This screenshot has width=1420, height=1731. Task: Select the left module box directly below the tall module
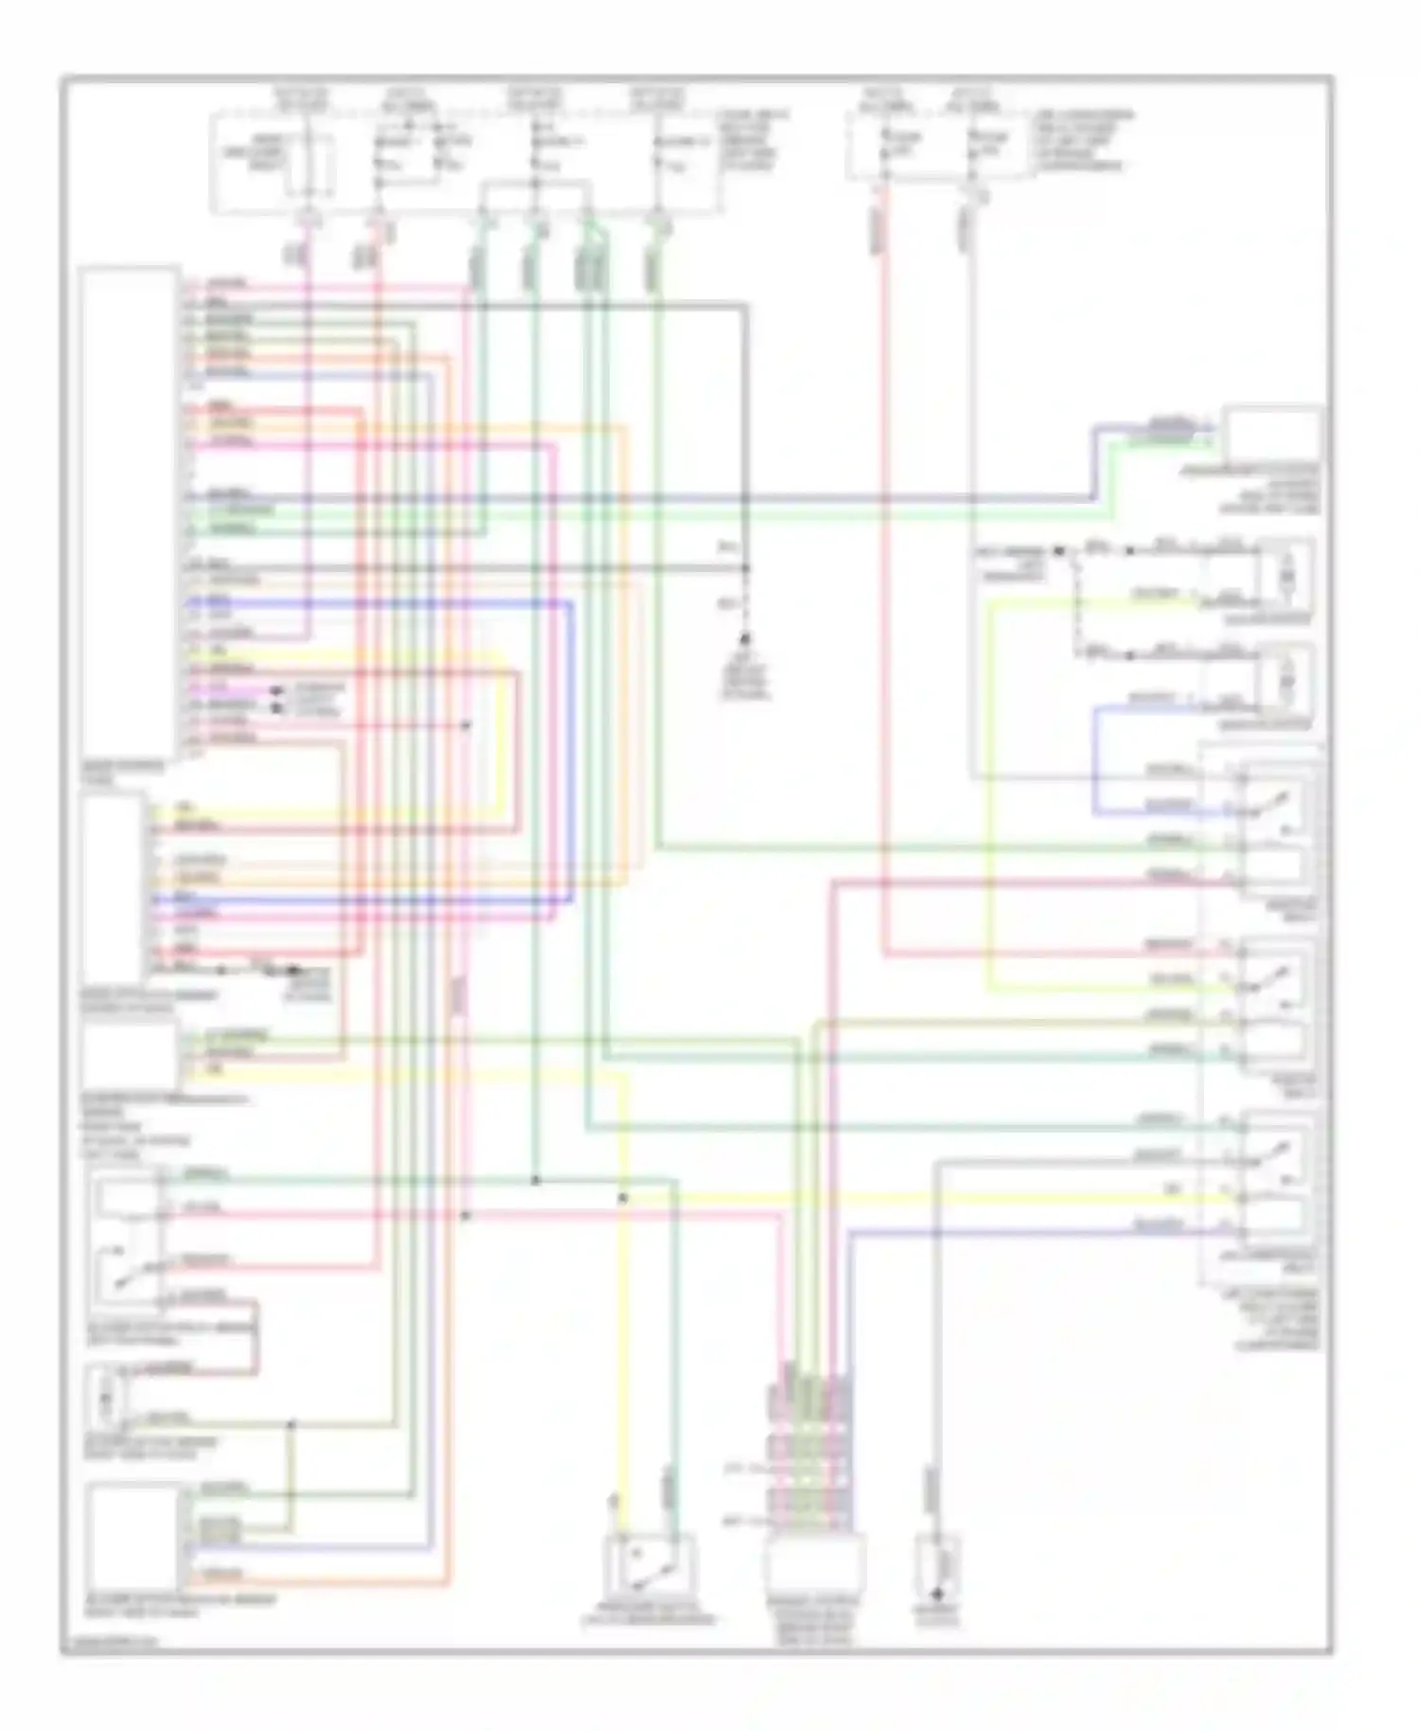pyautogui.click(x=112, y=890)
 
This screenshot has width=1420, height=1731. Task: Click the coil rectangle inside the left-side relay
pyautogui.click(x=123, y=1201)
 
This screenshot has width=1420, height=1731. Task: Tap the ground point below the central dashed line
pyautogui.click(x=745, y=641)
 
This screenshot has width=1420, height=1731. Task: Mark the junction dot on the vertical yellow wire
pyautogui.click(x=623, y=1199)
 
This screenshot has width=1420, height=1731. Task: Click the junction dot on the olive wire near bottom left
pyautogui.click(x=292, y=1423)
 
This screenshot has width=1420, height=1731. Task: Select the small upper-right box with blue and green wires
pyautogui.click(x=1271, y=434)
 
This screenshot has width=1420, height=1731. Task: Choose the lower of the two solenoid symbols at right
pyautogui.click(x=1286, y=682)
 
